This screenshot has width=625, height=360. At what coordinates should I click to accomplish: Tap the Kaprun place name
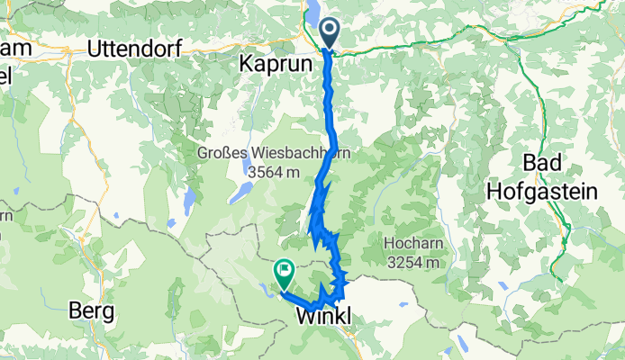coord(276,65)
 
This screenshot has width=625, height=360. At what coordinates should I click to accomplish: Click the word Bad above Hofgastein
coord(542,163)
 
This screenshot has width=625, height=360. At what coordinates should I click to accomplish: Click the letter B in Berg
coord(75,311)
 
